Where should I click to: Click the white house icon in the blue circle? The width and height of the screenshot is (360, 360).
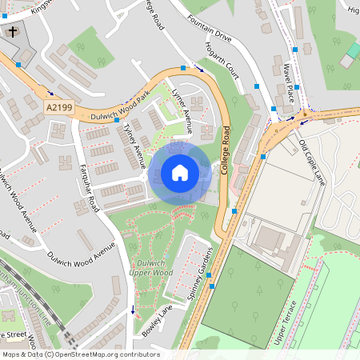point(180,172)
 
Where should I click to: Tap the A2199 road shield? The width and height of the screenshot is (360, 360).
point(58,106)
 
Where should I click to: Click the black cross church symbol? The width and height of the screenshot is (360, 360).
point(14,32)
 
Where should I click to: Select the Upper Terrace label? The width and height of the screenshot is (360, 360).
point(287,323)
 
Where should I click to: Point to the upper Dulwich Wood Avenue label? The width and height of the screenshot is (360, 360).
point(18,192)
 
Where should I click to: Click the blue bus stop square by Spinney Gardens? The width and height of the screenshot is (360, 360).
point(209,274)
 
